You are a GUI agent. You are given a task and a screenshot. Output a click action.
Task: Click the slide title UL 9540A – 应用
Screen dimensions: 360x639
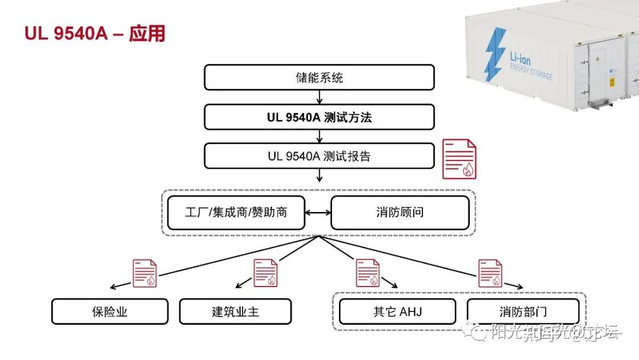[95, 34]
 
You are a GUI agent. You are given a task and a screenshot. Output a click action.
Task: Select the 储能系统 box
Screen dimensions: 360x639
[319, 77]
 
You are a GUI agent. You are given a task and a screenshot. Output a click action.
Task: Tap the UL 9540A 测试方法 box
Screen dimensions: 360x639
[319, 117]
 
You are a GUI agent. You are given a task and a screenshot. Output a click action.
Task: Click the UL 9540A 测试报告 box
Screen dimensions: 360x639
[319, 157]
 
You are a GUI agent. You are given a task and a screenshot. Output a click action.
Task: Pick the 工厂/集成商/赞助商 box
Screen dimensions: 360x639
[235, 212]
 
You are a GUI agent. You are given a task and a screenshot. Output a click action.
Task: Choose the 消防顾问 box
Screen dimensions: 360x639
[399, 212]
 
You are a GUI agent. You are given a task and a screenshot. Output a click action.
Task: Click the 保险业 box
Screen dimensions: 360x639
[109, 311]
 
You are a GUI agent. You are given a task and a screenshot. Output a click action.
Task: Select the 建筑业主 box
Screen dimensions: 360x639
[235, 311]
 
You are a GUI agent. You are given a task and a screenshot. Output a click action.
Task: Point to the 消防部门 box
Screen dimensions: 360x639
[523, 311]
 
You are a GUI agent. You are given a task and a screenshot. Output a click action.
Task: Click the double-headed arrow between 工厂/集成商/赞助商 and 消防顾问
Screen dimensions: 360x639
[318, 211]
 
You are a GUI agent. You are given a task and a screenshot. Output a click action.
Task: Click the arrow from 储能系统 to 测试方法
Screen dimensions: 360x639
[319, 97]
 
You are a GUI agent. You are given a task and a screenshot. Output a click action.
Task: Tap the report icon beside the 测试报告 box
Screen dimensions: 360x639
[460, 159]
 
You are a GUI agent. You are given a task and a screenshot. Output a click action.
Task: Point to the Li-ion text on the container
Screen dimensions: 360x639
[524, 57]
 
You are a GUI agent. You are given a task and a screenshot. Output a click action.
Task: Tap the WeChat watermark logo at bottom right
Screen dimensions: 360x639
[479, 333]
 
